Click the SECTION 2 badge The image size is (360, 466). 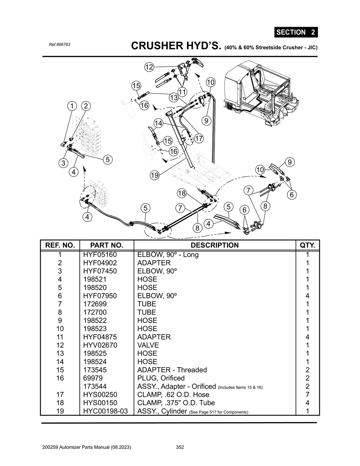pos(296,32)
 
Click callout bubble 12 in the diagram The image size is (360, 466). pos(149,67)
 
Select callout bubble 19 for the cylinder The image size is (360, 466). pos(154,175)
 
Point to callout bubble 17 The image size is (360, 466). pos(199,138)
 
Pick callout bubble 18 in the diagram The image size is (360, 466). pos(181,193)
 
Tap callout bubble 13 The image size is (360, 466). pos(174,97)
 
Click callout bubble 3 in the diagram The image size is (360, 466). pos(63,163)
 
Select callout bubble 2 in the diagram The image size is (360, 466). pos(85,106)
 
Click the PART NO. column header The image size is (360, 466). pos(107,245)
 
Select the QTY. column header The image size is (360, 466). pos(308,245)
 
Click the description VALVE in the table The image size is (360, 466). pos(148,345)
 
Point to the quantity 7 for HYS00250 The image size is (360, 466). pos(308,395)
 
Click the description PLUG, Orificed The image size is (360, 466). pos(161,378)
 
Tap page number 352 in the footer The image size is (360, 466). pos(180,447)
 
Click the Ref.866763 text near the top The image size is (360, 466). pos(59,45)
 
